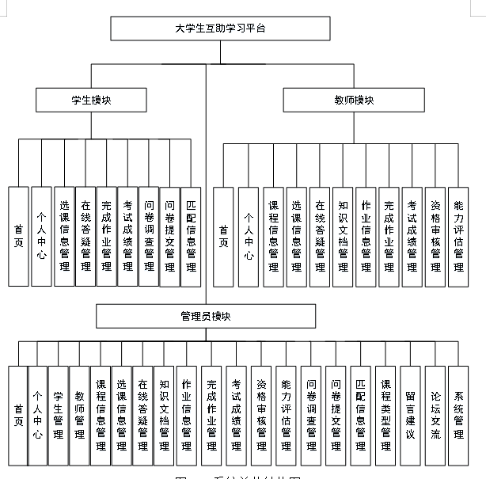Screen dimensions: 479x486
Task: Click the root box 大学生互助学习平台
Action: tap(220, 28)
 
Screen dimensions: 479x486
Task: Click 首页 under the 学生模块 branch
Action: tap(18, 236)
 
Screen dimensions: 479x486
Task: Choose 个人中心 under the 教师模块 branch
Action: tap(249, 236)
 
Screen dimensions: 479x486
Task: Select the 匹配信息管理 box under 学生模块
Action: tap(191, 236)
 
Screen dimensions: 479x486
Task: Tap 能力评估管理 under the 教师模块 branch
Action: tap(458, 236)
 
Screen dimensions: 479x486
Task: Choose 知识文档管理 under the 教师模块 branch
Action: tap(343, 236)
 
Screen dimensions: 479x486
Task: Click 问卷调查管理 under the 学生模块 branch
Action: tap(148, 236)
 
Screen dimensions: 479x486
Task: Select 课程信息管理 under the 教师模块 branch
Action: tap(273, 236)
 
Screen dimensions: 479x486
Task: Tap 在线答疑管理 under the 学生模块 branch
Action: tap(85, 236)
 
